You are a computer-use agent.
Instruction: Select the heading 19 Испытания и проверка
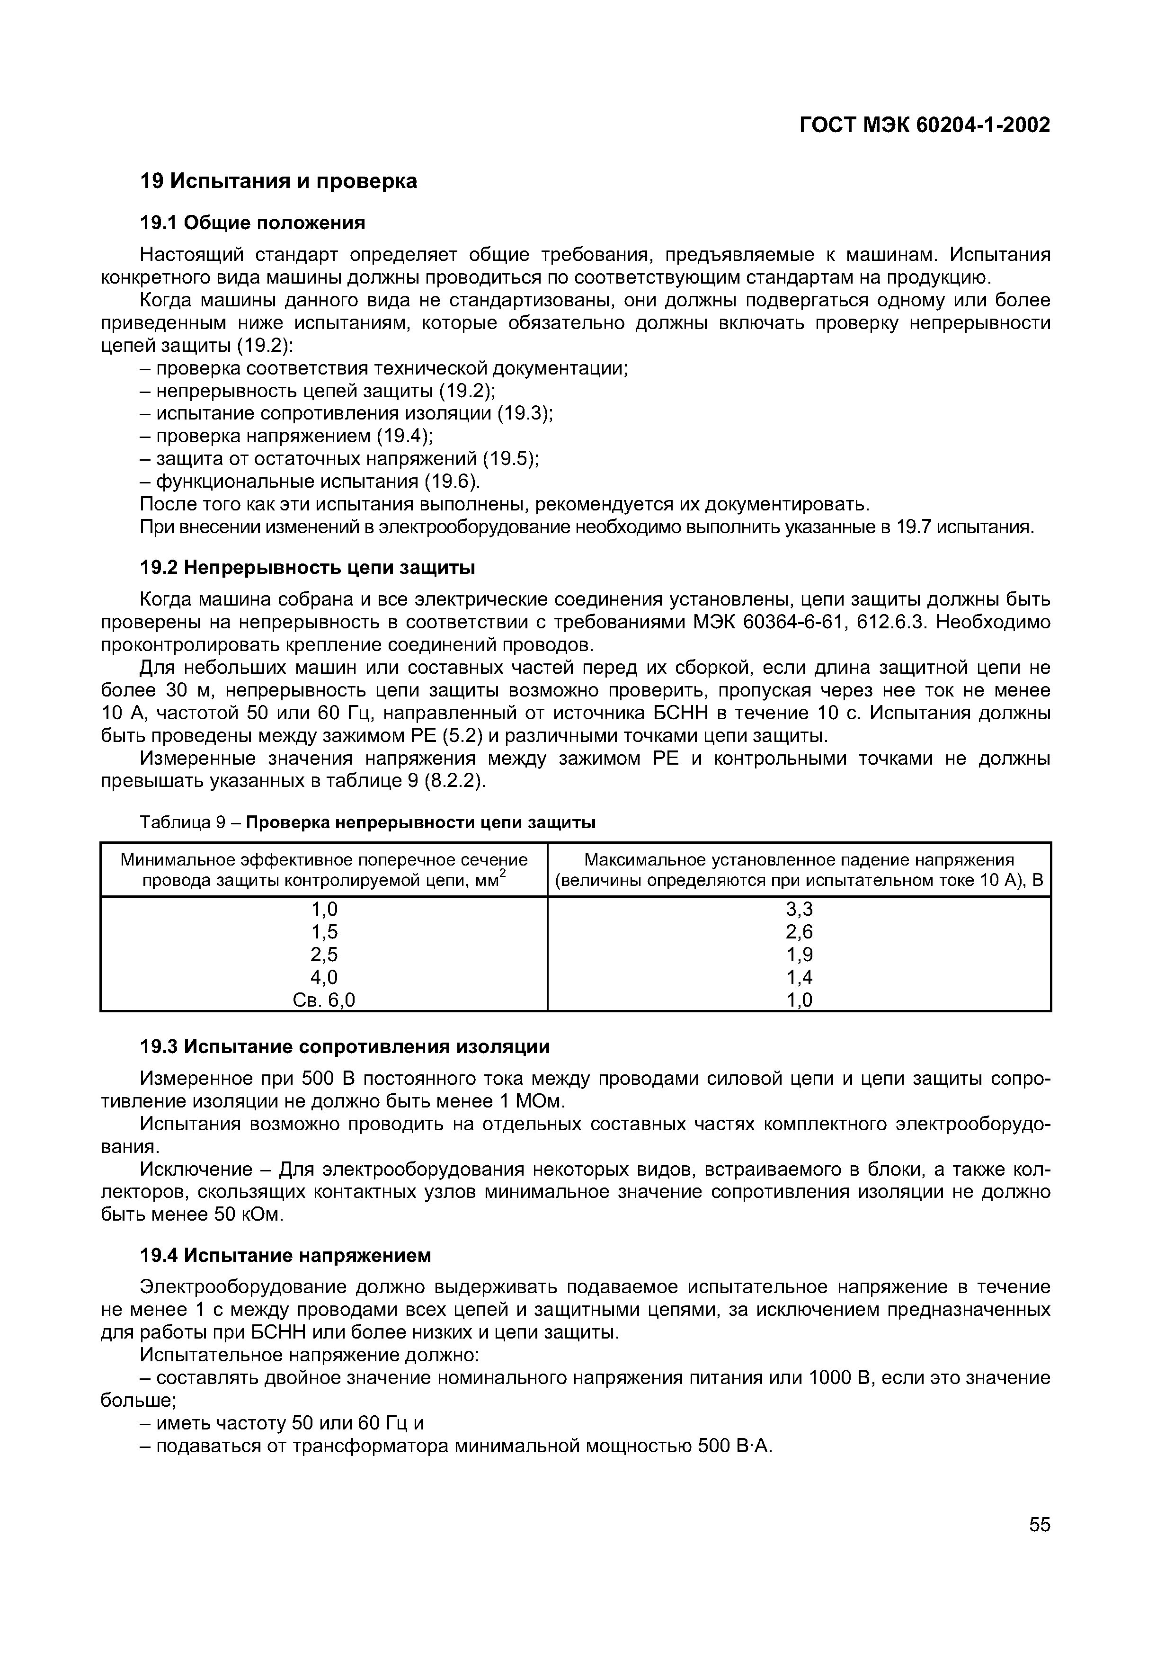point(278,181)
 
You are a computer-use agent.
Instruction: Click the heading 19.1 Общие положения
point(252,223)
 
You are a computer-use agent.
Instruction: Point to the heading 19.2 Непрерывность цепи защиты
point(307,568)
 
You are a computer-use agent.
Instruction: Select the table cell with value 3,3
point(799,909)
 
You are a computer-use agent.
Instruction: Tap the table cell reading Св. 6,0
point(324,1000)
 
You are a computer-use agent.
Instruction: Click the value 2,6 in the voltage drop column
point(799,932)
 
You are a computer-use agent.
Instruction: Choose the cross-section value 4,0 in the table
point(324,977)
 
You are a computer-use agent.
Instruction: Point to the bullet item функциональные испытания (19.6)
point(311,482)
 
